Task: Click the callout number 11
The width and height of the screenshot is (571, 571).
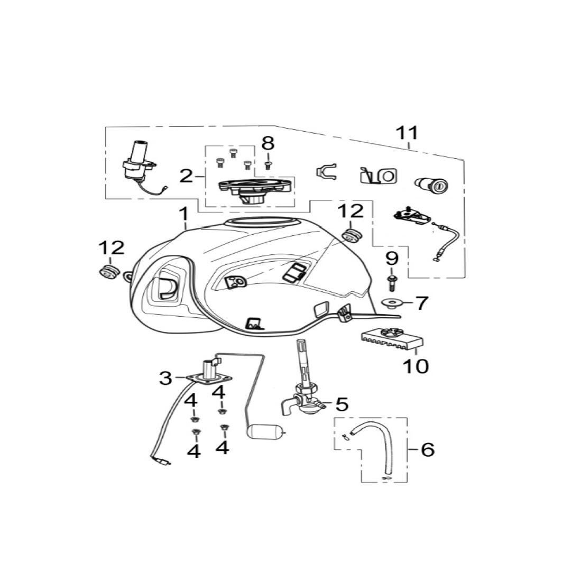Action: click(x=408, y=133)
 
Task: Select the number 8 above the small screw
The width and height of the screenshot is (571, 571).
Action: click(x=268, y=143)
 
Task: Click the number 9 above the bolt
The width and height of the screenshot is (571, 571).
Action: click(x=392, y=259)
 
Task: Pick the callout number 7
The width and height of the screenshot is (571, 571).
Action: click(x=422, y=303)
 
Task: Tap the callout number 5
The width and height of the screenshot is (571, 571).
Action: click(x=342, y=404)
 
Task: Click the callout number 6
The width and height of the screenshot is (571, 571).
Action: click(x=428, y=449)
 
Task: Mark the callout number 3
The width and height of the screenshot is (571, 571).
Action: click(x=165, y=378)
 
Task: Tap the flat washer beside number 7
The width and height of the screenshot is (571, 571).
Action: click(x=391, y=302)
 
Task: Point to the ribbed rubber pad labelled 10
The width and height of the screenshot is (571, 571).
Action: click(x=392, y=339)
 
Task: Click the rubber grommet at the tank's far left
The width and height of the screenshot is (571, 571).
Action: click(x=109, y=273)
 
